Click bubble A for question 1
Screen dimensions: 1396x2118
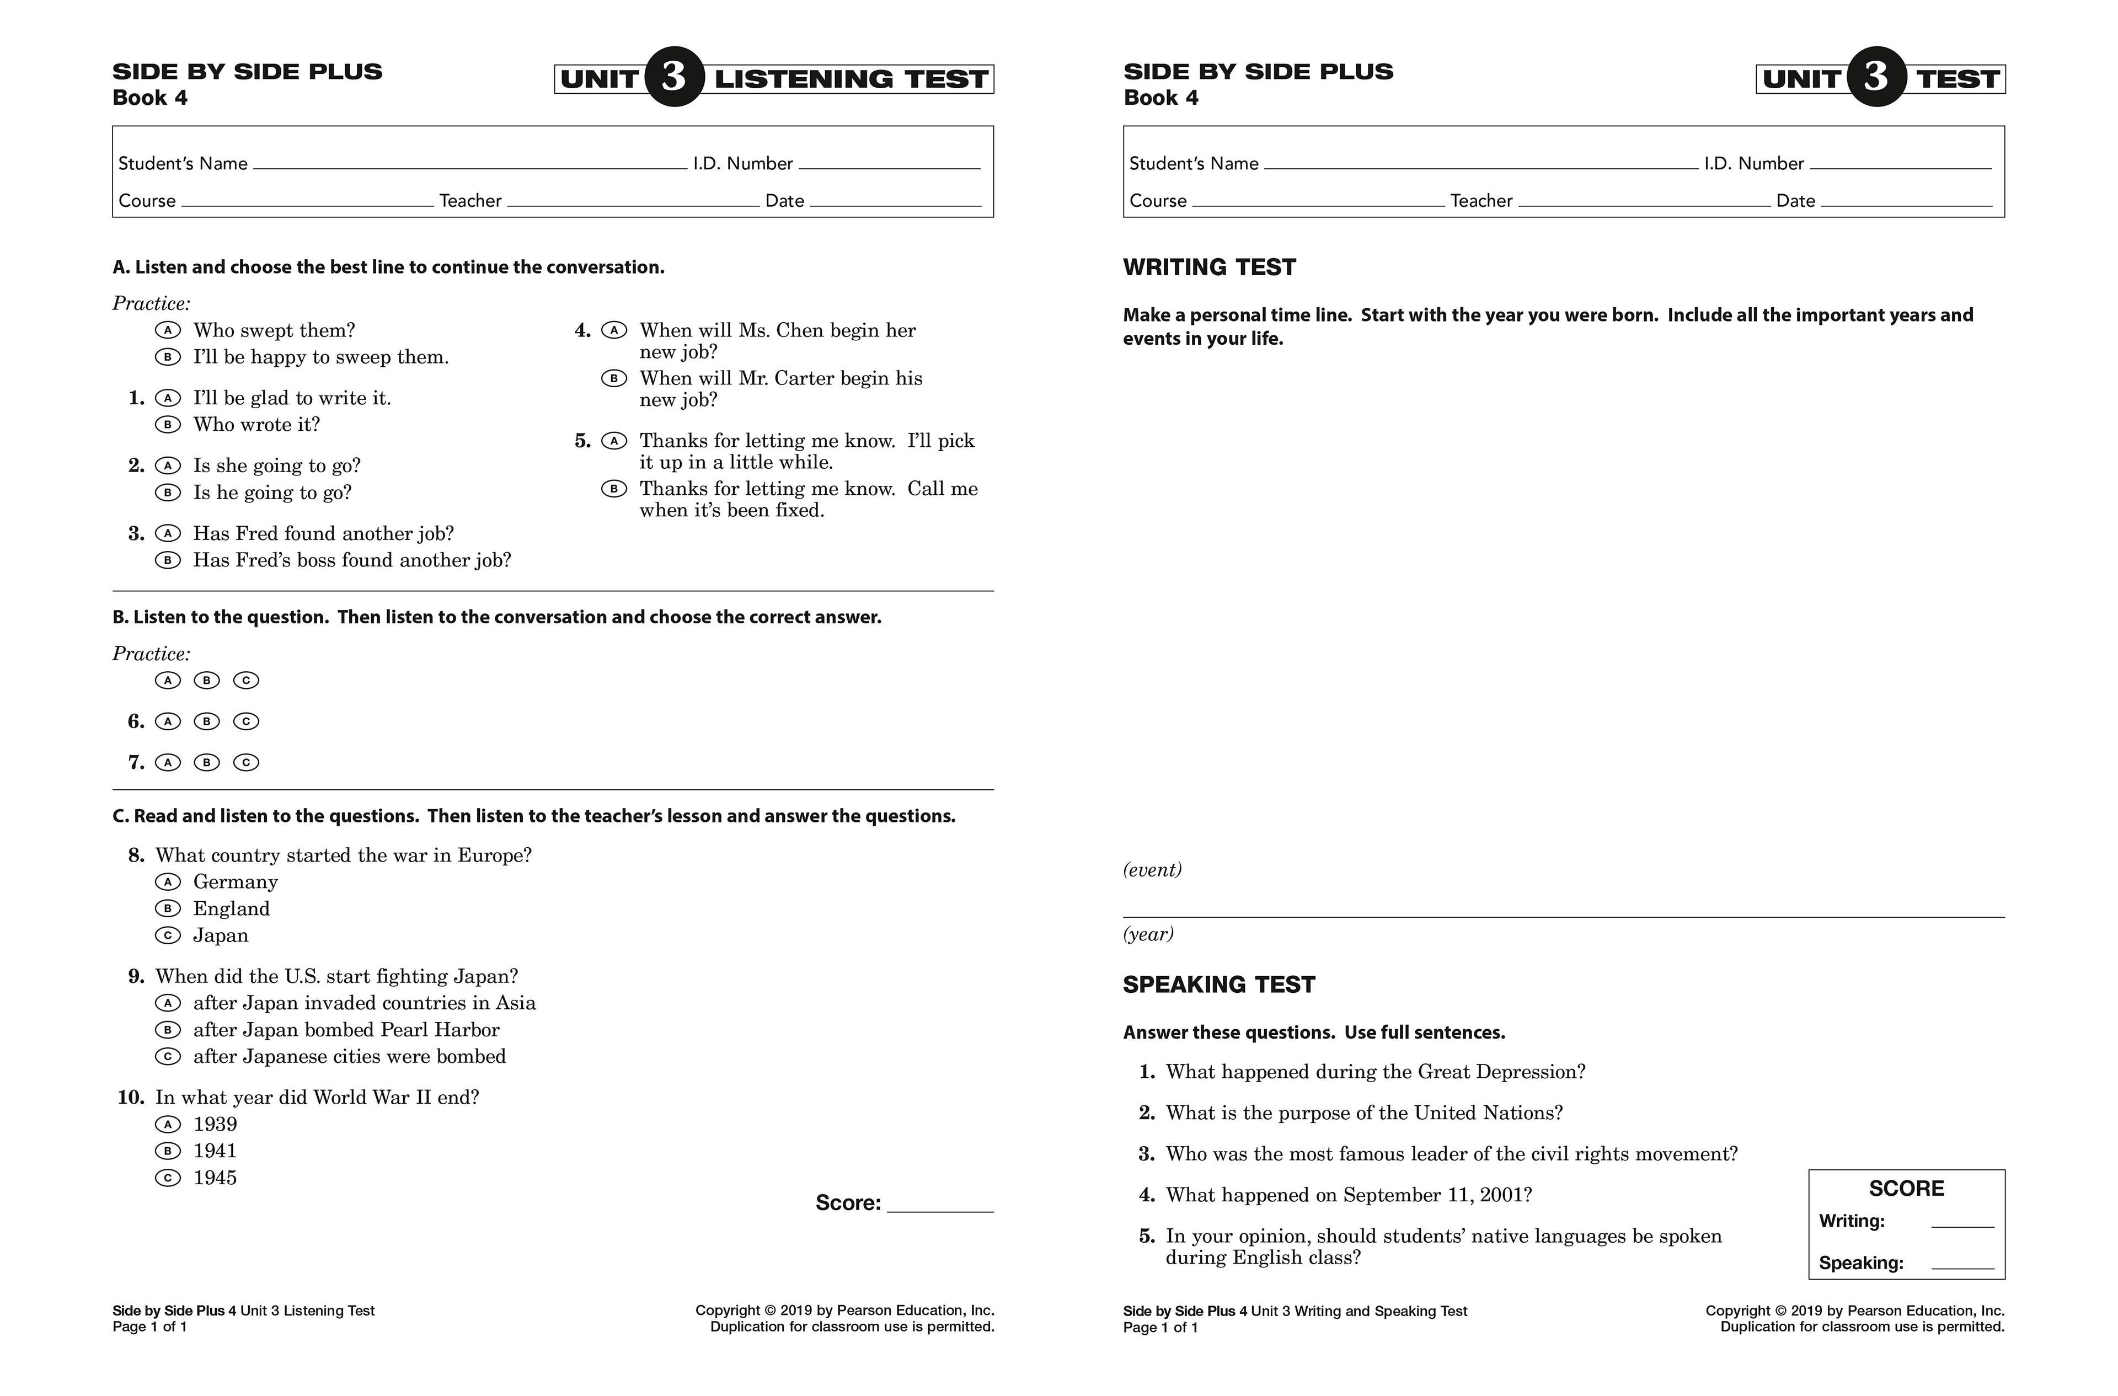167,398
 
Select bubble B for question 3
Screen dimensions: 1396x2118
167,560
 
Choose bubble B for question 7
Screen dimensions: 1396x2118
206,762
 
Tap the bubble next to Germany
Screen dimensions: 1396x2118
167,881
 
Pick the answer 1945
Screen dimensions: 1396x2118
167,1178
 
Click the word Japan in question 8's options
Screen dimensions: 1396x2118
221,935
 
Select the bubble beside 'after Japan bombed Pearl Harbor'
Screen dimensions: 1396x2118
167,1030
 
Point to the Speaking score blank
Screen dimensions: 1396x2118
1962,1266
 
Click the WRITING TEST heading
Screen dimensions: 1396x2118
1209,267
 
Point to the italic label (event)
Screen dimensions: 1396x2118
1152,870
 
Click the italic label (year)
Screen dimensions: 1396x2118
1148,934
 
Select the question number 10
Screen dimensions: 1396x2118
131,1098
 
